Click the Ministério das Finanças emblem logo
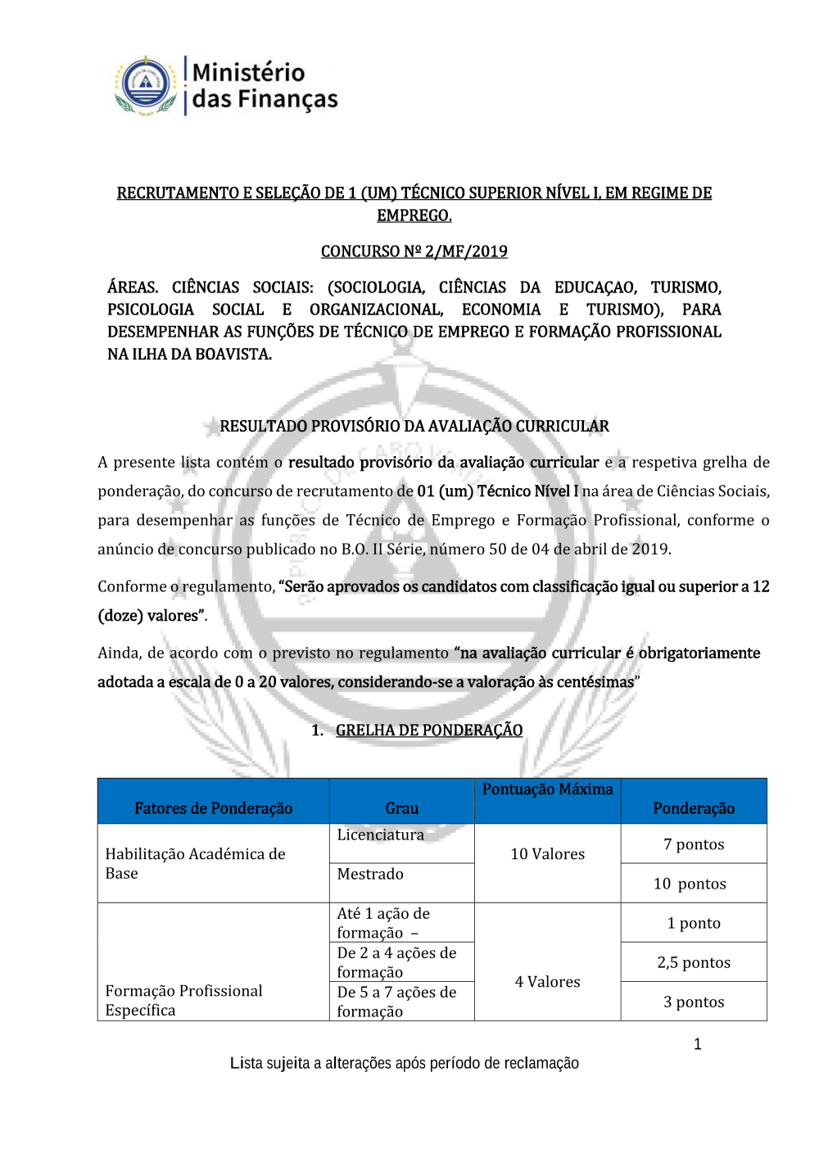[146, 85]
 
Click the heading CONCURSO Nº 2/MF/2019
[414, 251]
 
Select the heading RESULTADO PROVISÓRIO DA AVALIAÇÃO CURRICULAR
[414, 426]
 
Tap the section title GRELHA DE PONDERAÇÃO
[428, 730]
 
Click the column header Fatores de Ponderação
[213, 808]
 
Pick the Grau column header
[401, 808]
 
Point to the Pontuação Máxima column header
[547, 789]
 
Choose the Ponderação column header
[694, 808]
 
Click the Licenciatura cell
[381, 835]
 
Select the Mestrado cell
[370, 875]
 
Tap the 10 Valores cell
[547, 854]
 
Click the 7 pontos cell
[694, 844]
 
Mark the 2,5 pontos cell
[694, 962]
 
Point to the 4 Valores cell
[547, 982]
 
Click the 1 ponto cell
[694, 923]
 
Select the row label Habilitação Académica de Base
[195, 864]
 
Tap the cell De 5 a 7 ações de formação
[396, 1002]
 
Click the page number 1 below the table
[697, 1044]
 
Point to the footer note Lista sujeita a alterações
[404, 1063]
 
